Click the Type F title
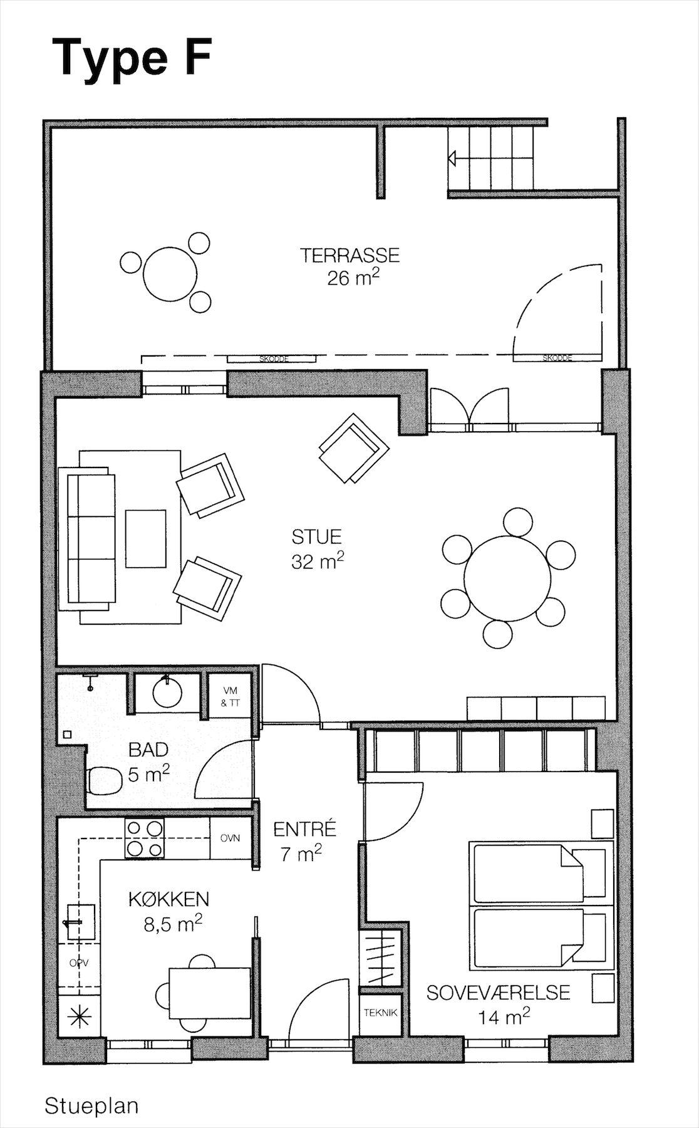point(132,59)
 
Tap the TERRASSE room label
point(349,255)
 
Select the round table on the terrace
point(170,274)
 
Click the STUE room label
point(317,537)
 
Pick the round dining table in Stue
point(507,578)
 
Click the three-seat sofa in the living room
point(87,539)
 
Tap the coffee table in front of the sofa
point(146,539)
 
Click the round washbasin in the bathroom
point(167,692)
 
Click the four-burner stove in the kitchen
point(145,838)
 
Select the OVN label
point(230,838)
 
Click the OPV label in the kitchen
point(79,963)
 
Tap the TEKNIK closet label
point(381,1012)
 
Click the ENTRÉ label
point(305,829)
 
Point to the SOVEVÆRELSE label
point(499,993)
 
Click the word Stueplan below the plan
point(91,1106)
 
